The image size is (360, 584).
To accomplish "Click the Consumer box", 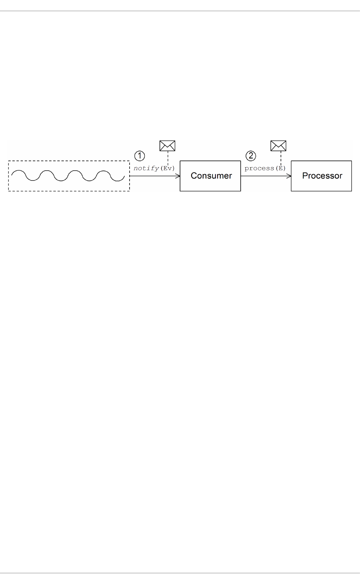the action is click(210, 176).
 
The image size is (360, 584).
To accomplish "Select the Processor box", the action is click(321, 176).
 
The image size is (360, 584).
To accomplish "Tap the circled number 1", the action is click(140, 156).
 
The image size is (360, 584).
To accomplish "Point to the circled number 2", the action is click(251, 156).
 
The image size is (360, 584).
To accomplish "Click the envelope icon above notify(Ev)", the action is click(167, 146).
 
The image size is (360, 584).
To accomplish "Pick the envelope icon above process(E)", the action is click(278, 146).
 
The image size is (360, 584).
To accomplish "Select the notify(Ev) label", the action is click(154, 169).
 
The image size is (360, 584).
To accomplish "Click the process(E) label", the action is click(265, 169).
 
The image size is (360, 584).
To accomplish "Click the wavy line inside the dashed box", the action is click(68, 176).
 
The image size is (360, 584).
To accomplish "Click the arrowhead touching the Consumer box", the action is click(178, 176).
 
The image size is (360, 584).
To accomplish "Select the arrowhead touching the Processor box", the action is click(289, 176).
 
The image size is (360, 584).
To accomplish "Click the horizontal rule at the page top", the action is click(180, 11).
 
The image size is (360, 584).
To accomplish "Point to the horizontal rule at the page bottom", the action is click(180, 573).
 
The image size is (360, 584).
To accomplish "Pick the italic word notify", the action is click(146, 169).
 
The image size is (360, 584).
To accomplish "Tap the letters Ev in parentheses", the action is click(167, 169).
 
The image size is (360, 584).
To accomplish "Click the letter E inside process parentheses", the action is click(280, 169).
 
